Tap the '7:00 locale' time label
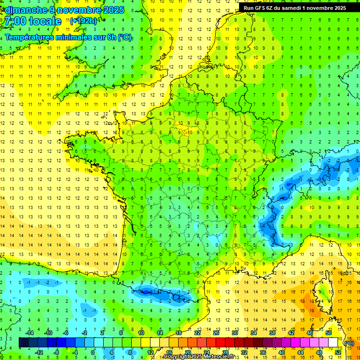tap(33, 22)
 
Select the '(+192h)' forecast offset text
tap(83, 21)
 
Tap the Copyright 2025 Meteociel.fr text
tap(205, 357)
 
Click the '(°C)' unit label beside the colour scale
tap(349, 343)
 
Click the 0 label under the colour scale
tap(92, 352)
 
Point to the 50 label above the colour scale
tap(328, 333)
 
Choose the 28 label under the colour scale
tap(225, 352)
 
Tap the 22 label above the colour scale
tap(197, 333)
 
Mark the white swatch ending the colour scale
tap(333, 343)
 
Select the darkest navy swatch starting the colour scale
tap(23, 343)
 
